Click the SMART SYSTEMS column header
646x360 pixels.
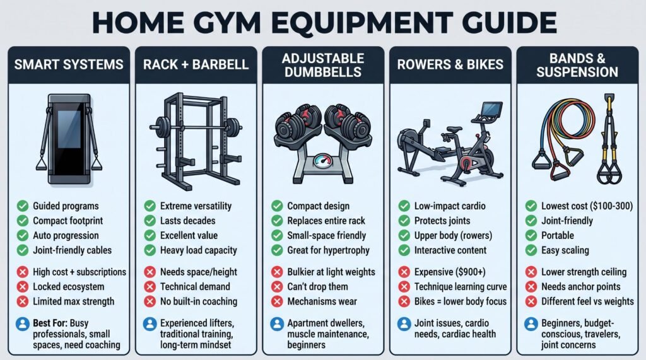click(x=69, y=65)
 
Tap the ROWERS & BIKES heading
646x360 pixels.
click(x=450, y=65)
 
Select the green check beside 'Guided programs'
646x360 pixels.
click(x=23, y=206)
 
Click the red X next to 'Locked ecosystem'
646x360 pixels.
click(x=23, y=287)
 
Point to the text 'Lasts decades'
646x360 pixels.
click(x=187, y=221)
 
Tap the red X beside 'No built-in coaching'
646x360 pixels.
click(x=150, y=301)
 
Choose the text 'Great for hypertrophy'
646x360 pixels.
click(x=328, y=250)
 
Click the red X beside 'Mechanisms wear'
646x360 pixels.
click(x=278, y=301)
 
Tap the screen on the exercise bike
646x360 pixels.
click(x=491, y=109)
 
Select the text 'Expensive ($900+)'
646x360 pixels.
click(x=450, y=272)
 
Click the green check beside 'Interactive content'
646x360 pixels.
click(x=404, y=250)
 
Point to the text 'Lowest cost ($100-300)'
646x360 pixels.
click(x=587, y=206)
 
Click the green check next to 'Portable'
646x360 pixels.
click(x=531, y=236)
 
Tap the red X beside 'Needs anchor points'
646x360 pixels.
click(x=531, y=287)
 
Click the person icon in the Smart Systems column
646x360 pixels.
click(x=23, y=324)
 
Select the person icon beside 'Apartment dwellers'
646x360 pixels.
click(x=278, y=324)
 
